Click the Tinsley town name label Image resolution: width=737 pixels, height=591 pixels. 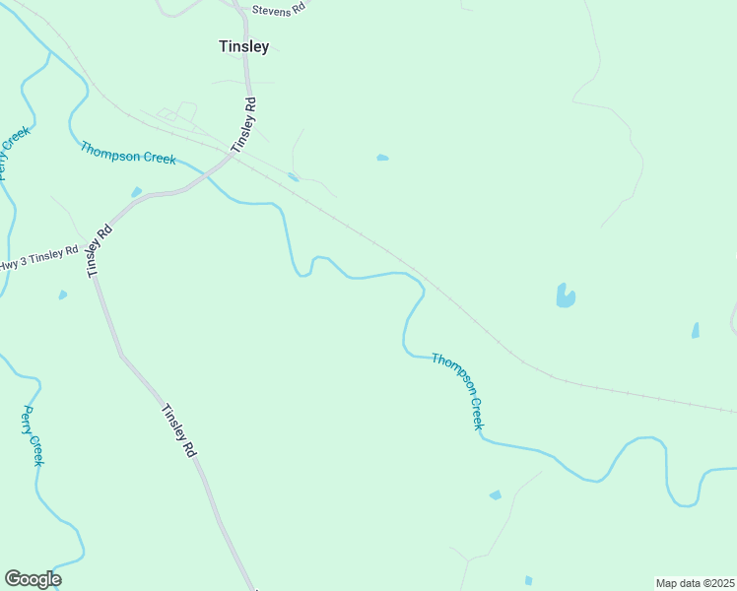(x=242, y=45)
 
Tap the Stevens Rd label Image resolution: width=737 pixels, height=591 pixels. (x=279, y=9)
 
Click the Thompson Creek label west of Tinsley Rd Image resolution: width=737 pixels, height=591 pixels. (x=128, y=153)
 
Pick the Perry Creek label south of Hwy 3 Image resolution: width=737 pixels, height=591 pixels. (x=33, y=435)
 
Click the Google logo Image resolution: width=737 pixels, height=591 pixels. (x=33, y=579)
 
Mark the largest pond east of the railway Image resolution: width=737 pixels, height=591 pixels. (x=565, y=295)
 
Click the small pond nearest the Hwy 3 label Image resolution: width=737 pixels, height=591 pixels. (x=63, y=295)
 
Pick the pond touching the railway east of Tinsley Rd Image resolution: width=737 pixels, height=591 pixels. (x=293, y=177)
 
